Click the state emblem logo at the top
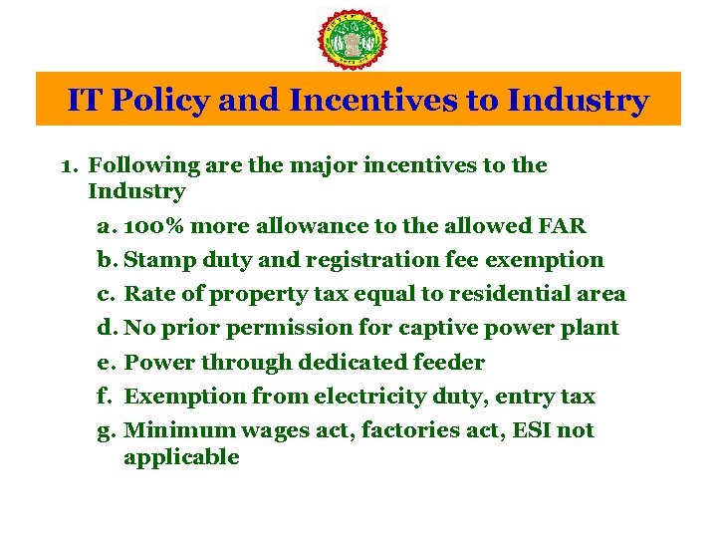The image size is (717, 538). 352,38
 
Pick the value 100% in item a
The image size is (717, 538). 158,226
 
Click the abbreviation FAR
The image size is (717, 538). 562,226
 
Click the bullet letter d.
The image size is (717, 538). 106,328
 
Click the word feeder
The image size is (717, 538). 448,363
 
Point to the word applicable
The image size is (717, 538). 181,457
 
